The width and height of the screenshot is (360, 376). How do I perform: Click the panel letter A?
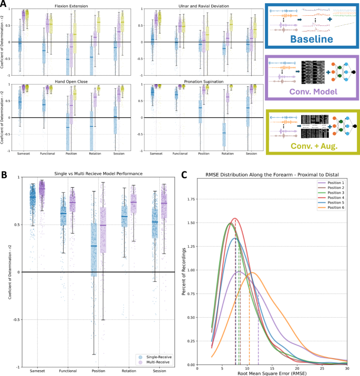[x=4, y=4]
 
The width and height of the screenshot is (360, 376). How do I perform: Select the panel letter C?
[x=184, y=177]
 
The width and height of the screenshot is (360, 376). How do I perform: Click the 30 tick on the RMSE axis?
[x=347, y=368]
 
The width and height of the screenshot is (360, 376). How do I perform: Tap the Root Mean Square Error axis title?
[x=272, y=373]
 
